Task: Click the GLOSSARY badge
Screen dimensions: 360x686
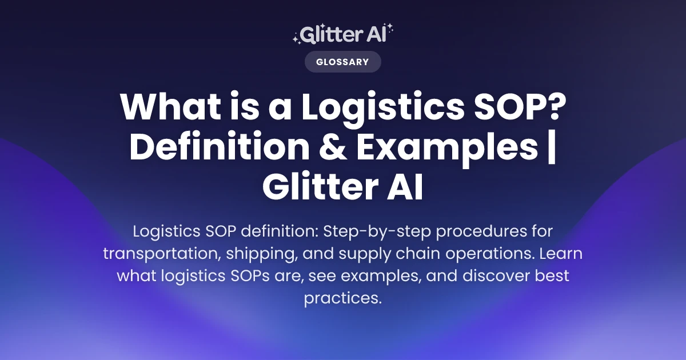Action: [x=342, y=62]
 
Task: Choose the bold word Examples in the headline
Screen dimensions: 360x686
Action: [x=446, y=148]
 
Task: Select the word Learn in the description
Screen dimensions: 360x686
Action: [x=563, y=254]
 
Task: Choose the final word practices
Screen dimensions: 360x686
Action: [x=342, y=297]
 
